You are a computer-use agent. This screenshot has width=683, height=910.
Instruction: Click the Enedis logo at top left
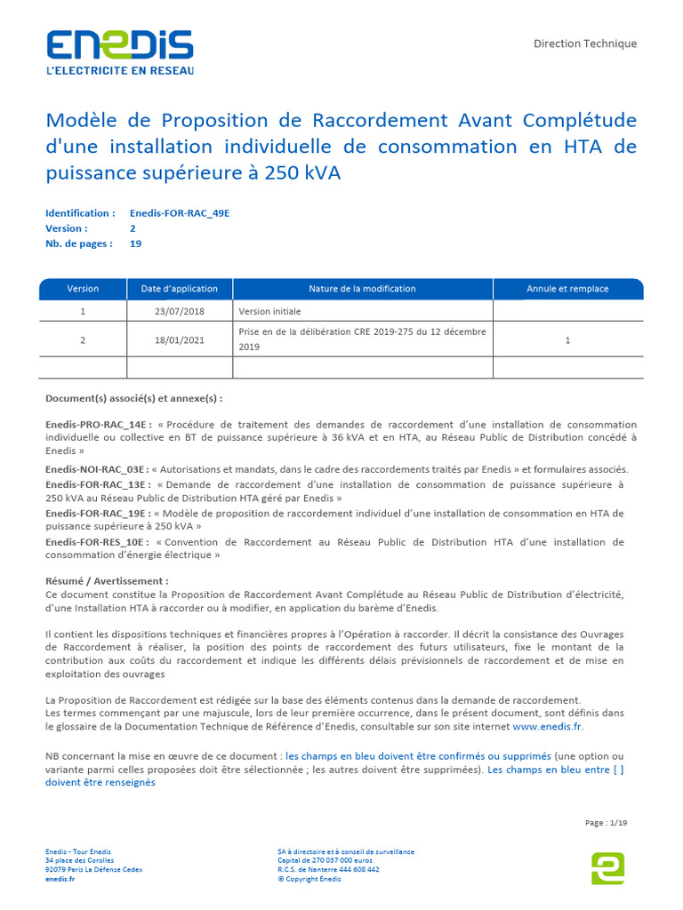pos(119,52)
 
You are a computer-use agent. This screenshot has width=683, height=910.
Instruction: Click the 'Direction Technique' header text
pos(584,44)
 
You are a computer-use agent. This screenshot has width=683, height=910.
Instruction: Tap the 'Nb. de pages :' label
pos(79,243)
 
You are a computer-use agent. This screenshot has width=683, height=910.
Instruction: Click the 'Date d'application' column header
pos(180,289)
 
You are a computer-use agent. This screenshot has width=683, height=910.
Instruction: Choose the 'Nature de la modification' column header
pos(362,289)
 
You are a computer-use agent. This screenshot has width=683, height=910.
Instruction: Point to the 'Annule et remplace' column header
pos(567,289)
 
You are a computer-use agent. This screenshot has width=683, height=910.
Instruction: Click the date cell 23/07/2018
pos(180,311)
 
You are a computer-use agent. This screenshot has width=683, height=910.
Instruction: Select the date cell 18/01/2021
pos(180,339)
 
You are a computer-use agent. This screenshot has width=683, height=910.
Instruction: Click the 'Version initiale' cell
pos(270,311)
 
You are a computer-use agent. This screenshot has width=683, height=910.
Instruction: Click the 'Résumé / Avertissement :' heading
pos(107,581)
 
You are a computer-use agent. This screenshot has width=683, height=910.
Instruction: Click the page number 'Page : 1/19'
pos(606,823)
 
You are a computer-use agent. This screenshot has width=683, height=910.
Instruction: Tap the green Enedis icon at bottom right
pos(607,867)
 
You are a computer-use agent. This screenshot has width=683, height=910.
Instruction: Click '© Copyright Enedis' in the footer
pos(309,879)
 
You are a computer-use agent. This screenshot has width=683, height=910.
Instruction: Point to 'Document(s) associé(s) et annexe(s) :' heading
pos(134,398)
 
